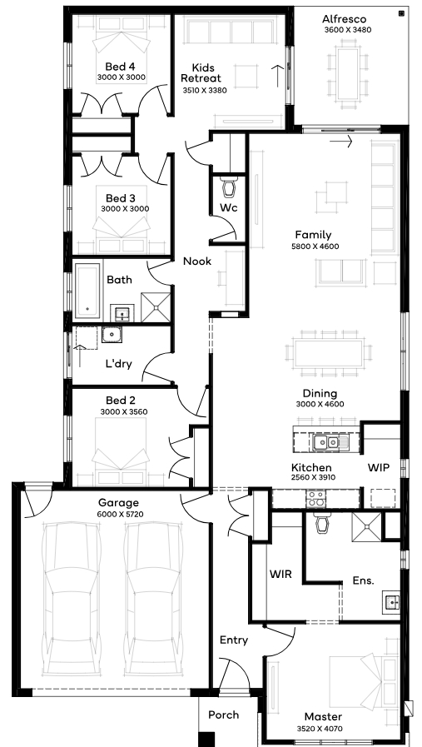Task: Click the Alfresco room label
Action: coord(344,19)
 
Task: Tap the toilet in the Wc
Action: coord(229,187)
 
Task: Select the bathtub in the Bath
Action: coord(88,291)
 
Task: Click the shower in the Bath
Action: coord(156,307)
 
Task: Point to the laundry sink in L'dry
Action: coord(112,335)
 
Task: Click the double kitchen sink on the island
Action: coord(331,442)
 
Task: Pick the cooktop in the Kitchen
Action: coord(315,498)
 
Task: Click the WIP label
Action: coord(379,468)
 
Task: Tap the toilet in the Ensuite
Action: coord(322,523)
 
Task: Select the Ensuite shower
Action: coord(366,527)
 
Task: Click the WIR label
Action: coord(281,574)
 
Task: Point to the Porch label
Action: coord(223,715)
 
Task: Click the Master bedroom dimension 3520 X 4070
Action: coord(319,729)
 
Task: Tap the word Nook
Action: coord(197,261)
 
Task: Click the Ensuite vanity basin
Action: coord(391,602)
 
